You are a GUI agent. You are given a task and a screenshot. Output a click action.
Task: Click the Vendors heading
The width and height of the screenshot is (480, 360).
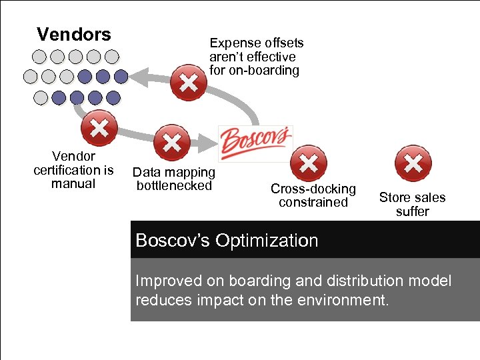click(73, 34)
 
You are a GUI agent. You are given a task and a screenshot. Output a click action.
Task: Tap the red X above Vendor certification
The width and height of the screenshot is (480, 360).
click(99, 128)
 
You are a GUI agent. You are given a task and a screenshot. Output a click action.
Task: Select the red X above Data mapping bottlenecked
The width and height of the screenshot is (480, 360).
click(172, 142)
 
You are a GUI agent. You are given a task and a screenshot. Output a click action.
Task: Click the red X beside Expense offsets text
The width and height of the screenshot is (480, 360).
click(189, 83)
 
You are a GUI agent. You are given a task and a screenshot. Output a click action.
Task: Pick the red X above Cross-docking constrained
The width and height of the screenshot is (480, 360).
click(309, 163)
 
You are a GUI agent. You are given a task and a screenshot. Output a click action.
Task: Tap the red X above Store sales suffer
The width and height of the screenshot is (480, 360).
click(413, 163)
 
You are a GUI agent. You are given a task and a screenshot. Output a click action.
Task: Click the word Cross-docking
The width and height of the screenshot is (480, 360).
click(313, 189)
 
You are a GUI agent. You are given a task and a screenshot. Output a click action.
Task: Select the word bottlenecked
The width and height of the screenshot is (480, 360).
click(174, 185)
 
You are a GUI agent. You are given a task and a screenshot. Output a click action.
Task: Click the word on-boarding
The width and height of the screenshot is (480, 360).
click(265, 70)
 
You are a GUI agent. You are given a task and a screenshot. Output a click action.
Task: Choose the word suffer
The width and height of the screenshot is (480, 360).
click(413, 211)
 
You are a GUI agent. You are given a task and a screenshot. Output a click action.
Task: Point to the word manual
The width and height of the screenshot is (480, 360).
click(73, 183)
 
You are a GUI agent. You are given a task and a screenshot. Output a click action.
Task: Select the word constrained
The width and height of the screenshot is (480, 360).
click(313, 202)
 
